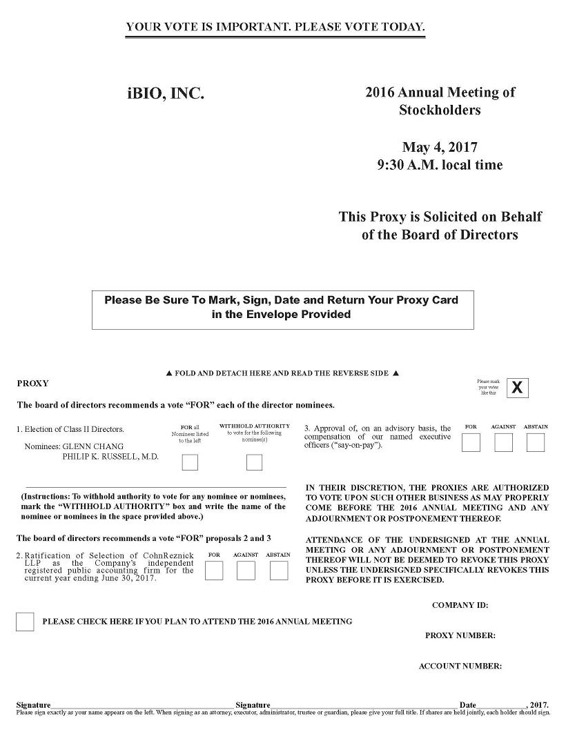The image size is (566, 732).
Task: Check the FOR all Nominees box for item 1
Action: [x=190, y=462]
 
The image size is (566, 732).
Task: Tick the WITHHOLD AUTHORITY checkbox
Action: [x=254, y=462]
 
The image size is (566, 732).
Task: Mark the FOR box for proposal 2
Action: [x=214, y=571]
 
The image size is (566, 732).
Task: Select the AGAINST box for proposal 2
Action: [x=246, y=571]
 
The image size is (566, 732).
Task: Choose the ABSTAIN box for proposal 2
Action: [x=279, y=571]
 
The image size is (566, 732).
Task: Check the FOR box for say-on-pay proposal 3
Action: [x=471, y=443]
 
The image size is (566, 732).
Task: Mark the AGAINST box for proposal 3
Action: [x=504, y=443]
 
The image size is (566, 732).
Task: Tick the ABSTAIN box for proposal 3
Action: [x=536, y=443]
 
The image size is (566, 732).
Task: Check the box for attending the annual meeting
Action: [x=25, y=622]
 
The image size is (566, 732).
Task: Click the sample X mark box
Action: [x=517, y=388]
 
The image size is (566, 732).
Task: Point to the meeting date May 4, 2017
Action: [x=440, y=147]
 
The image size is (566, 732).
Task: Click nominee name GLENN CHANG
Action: [x=93, y=446]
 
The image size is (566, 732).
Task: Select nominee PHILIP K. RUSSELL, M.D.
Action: [x=110, y=456]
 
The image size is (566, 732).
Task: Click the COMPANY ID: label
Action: [x=460, y=605]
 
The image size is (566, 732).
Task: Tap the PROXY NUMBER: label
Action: [x=460, y=635]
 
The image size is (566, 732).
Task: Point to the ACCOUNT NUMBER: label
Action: [x=460, y=666]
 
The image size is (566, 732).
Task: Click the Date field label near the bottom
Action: [x=467, y=704]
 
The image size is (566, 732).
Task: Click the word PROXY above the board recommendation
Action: [x=32, y=383]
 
